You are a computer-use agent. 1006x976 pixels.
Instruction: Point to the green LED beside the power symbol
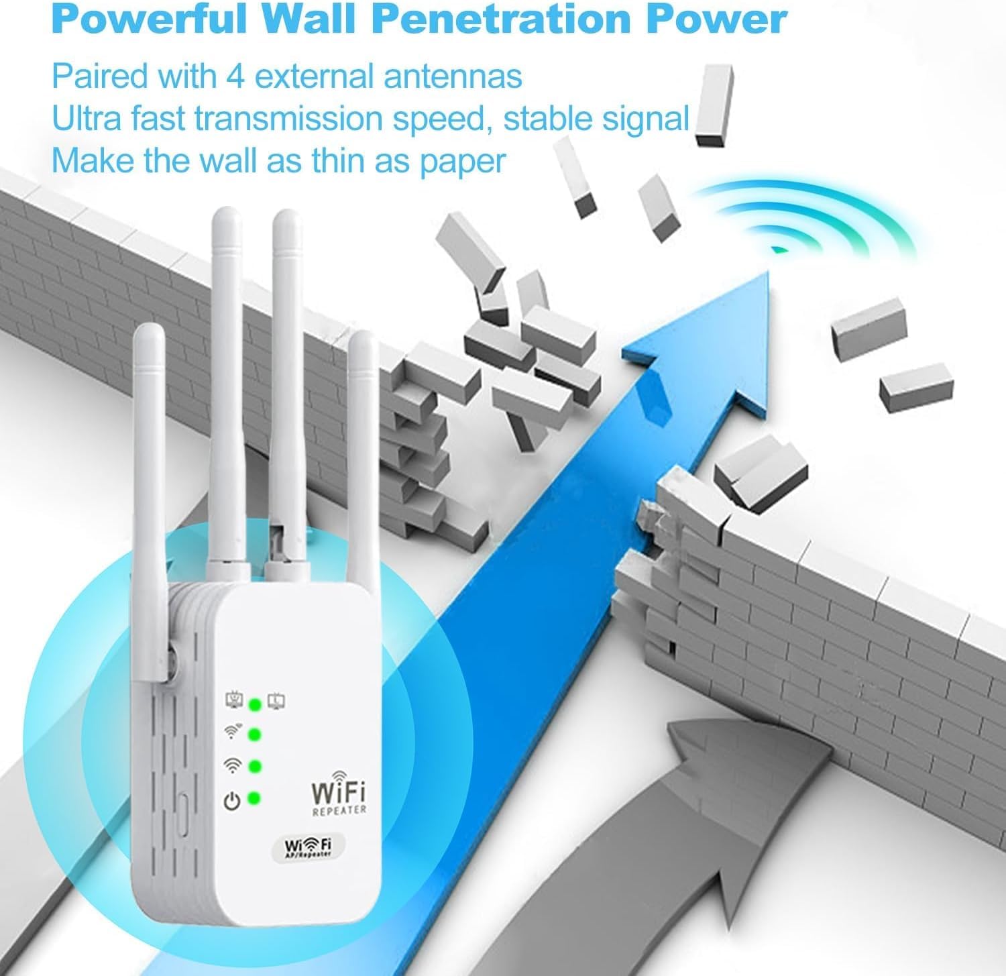tap(254, 798)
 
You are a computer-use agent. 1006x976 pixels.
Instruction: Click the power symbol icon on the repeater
tap(231, 800)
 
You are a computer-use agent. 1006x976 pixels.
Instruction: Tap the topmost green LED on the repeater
tap(254, 704)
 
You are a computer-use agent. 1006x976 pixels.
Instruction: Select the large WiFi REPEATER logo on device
tap(339, 795)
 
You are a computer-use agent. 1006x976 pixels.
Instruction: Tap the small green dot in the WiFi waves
tap(778, 250)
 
